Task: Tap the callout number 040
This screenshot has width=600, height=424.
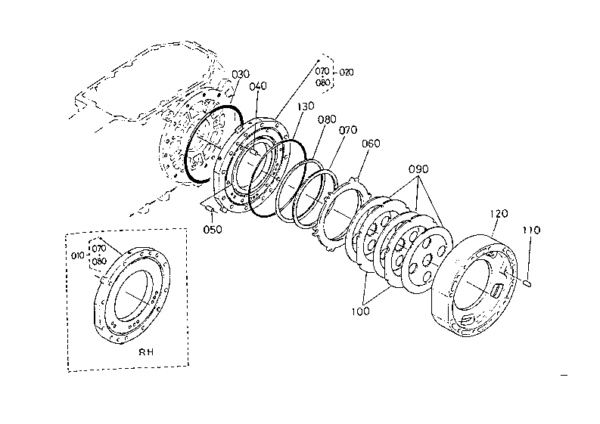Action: coord(257,86)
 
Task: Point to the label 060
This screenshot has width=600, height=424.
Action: coord(371,143)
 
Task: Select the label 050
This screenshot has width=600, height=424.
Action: coord(213,230)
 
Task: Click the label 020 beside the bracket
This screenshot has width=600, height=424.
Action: coord(346,73)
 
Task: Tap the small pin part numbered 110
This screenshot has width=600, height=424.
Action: coord(528,283)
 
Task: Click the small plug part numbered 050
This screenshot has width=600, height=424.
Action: coord(209,206)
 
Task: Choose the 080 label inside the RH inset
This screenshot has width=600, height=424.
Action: coord(99,262)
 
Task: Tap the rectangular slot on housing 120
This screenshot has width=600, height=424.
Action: coord(500,290)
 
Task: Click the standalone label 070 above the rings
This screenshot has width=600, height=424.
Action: coord(348,130)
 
